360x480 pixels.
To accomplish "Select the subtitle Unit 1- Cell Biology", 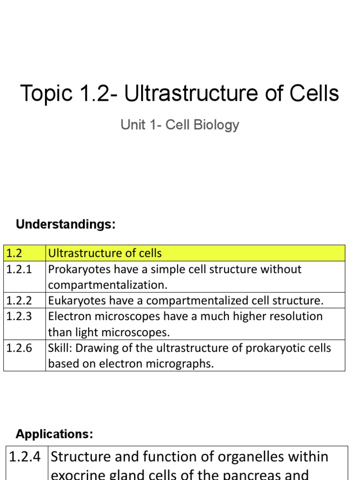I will [180, 125].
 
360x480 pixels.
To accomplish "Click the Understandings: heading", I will [66, 225].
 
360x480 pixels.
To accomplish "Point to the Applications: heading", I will [54, 434].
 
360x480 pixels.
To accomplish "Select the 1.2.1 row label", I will [19, 270].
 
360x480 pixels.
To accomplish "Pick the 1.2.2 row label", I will [19, 300].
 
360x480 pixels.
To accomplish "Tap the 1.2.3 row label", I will [19, 316].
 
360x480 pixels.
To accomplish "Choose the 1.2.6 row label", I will [19, 348].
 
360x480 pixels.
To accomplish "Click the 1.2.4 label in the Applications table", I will [26, 457].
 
